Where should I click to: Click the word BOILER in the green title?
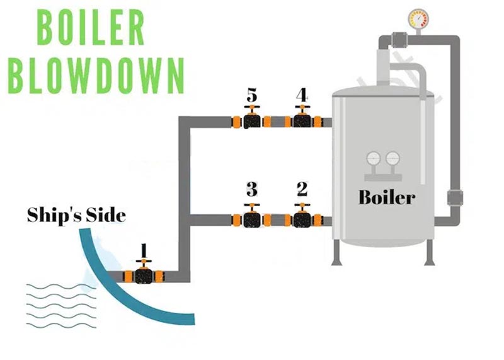coord(90,27)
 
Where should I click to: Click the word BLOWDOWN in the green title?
coord(96,76)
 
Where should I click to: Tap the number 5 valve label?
coord(252,95)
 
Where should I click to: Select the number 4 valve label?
coord(302,95)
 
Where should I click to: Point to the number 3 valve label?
coord(252,189)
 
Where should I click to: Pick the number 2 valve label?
coord(302,189)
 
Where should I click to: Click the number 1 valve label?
coord(144,252)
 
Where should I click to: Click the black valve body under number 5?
coord(252,122)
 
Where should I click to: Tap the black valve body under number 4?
coord(302,122)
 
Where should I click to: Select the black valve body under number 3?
coord(252,221)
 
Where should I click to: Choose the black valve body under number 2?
coord(302,221)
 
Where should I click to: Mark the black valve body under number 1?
coord(144,276)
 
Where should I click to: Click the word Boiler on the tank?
coord(387,197)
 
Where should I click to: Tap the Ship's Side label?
coord(76,215)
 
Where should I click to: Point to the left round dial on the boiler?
coord(374,159)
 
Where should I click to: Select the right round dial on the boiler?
coord(392,159)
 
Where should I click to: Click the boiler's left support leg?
coord(336,253)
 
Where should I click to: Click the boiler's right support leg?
coord(430,253)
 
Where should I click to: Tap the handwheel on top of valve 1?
coord(144,261)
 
